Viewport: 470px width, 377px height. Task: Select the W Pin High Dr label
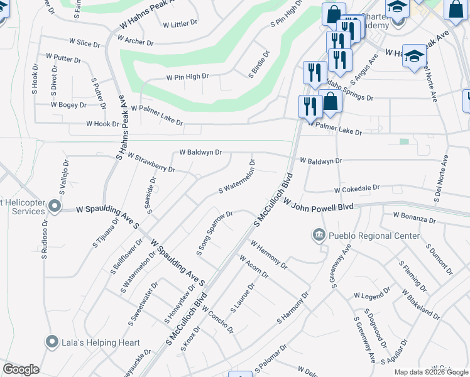tap(187, 77)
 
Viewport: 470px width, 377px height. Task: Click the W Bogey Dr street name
tap(68, 105)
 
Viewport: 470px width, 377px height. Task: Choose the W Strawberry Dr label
tap(151, 161)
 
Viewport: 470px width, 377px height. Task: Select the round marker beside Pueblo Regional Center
tap(318, 236)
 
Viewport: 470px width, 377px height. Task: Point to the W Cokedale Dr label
tap(357, 188)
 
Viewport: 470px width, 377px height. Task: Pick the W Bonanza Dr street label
tap(414, 217)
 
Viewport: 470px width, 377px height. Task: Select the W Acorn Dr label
tap(254, 266)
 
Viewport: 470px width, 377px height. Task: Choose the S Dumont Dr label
tap(439, 260)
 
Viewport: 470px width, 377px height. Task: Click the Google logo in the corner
tap(21, 369)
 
